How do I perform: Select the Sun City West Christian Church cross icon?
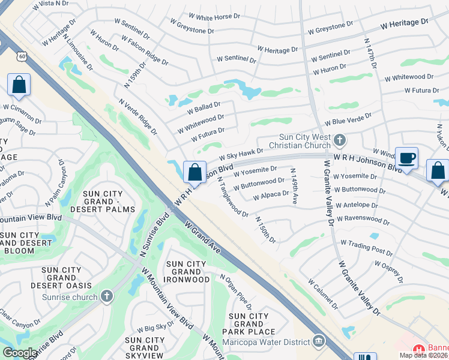340,140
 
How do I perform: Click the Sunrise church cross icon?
107,295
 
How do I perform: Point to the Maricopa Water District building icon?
318,343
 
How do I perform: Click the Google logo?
20,353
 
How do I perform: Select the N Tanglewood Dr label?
233,196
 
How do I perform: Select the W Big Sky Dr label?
155,327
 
